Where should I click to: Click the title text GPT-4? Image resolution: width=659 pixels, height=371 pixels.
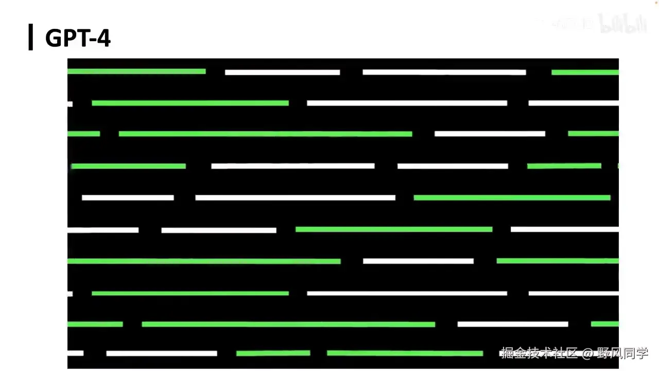pyautogui.click(x=78, y=38)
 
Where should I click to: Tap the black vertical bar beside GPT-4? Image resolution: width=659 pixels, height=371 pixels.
pyautogui.click(x=31, y=37)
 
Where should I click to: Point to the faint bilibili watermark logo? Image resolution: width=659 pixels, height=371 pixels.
pyautogui.click(x=622, y=24)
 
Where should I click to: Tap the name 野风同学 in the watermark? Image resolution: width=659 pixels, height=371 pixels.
pyautogui.click(x=622, y=353)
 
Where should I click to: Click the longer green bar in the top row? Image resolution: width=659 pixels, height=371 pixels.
pyautogui.click(x=136, y=71)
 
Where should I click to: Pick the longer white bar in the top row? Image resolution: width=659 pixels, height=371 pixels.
pyautogui.click(x=444, y=72)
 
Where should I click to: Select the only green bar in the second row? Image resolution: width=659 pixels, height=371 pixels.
pyautogui.click(x=190, y=103)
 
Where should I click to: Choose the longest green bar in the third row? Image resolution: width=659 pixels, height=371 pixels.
pyautogui.click(x=265, y=134)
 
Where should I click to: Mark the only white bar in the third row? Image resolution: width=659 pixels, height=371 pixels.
pyautogui.click(x=490, y=134)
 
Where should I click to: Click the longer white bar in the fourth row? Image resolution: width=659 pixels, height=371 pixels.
pyautogui.click(x=293, y=166)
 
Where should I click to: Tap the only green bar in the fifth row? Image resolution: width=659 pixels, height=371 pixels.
pyautogui.click(x=512, y=197)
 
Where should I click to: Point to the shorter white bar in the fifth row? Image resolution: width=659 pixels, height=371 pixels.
pyautogui.click(x=128, y=197)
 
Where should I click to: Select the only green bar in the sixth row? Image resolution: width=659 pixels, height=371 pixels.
pyautogui.click(x=394, y=229)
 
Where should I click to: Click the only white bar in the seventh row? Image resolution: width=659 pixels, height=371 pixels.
pyautogui.click(x=418, y=261)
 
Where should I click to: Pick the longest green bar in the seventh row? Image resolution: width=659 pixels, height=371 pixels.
pyautogui.click(x=204, y=261)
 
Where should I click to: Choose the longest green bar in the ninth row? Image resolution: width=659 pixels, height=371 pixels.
pyautogui.click(x=288, y=324)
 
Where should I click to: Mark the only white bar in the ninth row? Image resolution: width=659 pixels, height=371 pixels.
pyautogui.click(x=513, y=324)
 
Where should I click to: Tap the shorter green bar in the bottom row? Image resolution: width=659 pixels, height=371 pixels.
pyautogui.click(x=273, y=353)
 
